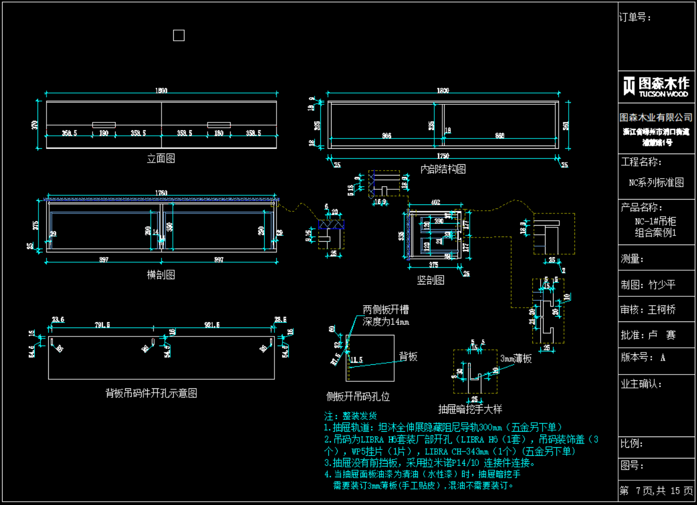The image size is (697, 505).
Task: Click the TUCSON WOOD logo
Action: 656,86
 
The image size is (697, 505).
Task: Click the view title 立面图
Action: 161,158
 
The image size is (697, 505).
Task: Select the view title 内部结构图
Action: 443,169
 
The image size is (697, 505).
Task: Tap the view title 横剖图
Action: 161,274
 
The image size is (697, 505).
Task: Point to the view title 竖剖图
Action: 431,280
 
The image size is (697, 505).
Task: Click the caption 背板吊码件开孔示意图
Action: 151,393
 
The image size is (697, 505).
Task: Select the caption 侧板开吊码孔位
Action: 358,396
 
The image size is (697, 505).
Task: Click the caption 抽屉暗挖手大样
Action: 470,409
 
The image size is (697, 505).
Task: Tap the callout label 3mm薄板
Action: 516,358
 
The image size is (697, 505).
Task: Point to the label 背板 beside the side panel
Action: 408,357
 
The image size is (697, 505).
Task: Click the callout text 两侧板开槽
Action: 386,310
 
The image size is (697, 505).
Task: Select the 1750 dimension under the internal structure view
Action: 443,156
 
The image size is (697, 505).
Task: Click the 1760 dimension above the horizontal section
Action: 161,193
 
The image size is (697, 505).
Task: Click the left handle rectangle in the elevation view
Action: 104,125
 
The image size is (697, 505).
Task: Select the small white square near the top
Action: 179,35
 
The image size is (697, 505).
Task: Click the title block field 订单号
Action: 635,18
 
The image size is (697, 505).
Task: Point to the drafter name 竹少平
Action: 662,285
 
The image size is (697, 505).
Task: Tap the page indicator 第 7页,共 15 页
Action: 656,491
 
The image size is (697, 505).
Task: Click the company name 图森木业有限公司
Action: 656,117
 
